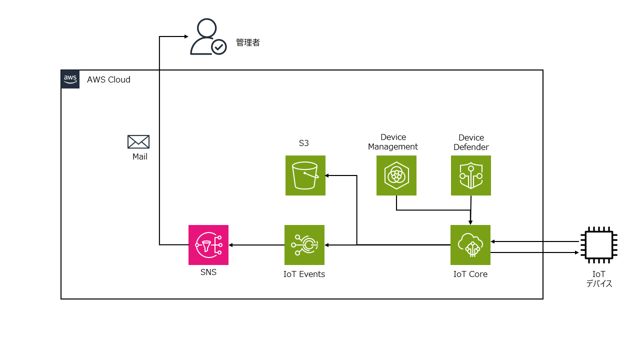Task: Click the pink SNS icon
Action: [x=208, y=244]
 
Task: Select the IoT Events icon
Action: [x=304, y=244]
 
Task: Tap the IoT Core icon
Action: [x=470, y=244]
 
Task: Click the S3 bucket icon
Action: [x=305, y=175]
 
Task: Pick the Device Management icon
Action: [x=396, y=175]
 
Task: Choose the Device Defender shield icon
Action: [x=470, y=175]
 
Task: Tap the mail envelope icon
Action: [x=138, y=142]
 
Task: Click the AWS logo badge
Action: [x=70, y=79]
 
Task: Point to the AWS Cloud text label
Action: [x=108, y=79]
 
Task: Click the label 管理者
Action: [x=248, y=43]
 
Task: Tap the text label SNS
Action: [x=208, y=272]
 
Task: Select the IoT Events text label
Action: [x=304, y=274]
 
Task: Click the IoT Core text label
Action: [x=470, y=274]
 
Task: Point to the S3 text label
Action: [x=304, y=143]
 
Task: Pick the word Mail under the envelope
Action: [x=140, y=156]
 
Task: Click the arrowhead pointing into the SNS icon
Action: [x=231, y=245]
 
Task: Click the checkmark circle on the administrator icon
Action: [x=218, y=47]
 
